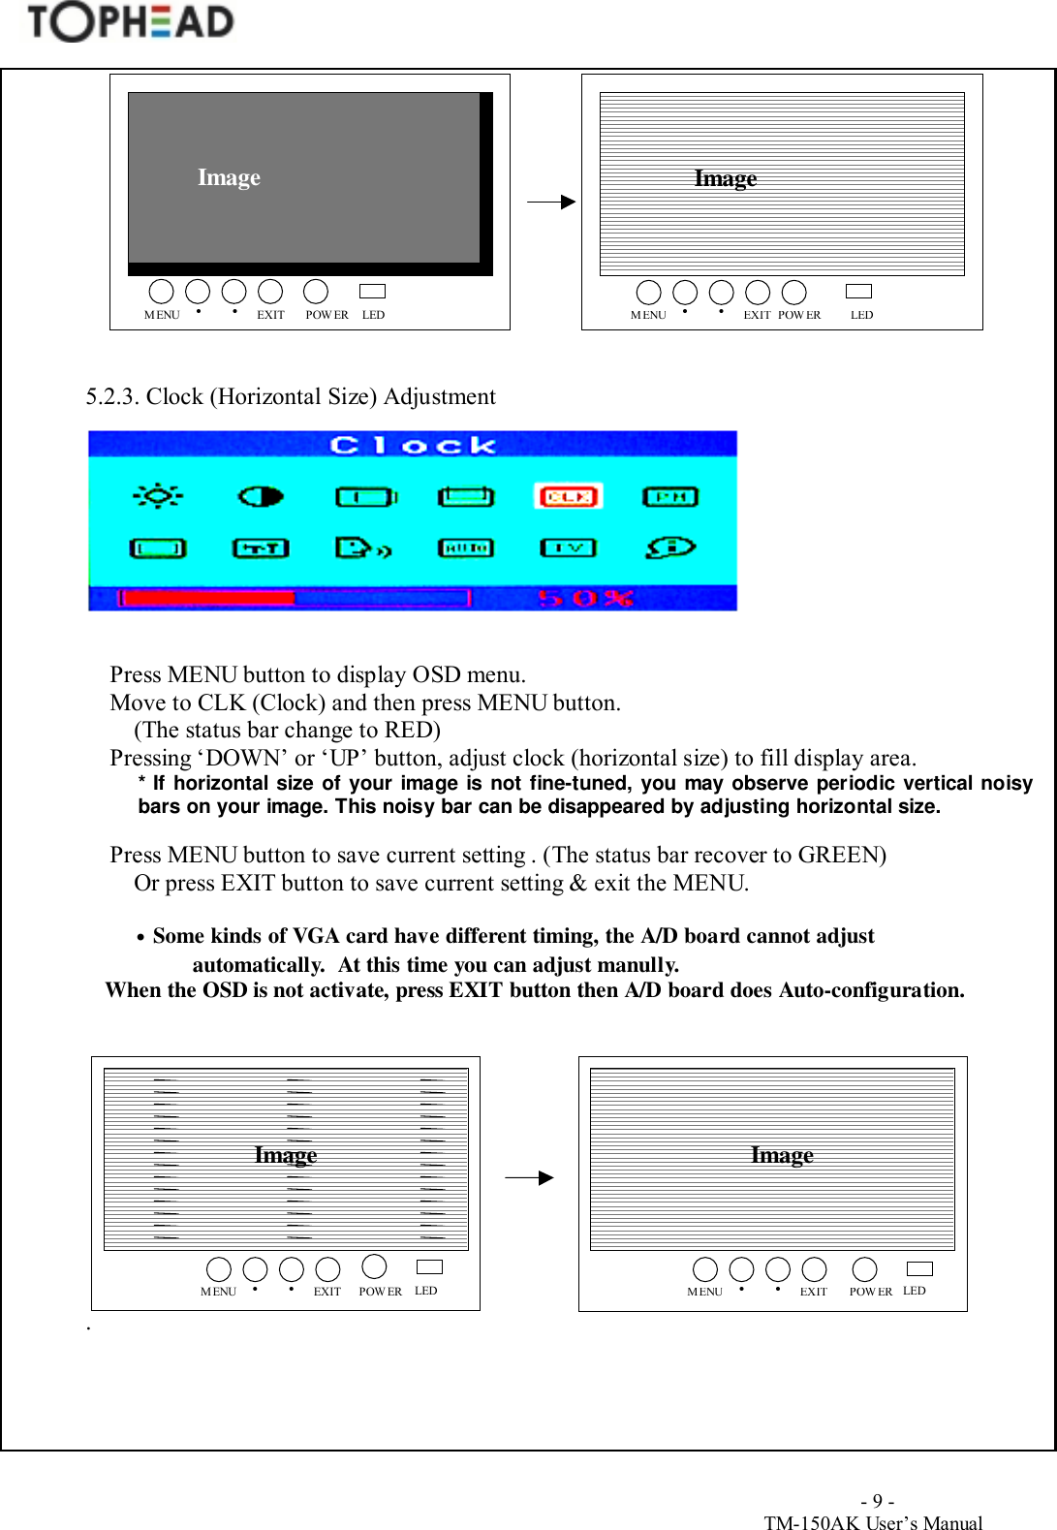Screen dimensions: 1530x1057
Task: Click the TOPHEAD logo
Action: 130,22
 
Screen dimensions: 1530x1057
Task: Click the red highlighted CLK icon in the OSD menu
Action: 568,496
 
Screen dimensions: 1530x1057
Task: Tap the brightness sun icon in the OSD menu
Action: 157,496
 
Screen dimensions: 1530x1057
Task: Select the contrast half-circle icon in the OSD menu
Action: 260,496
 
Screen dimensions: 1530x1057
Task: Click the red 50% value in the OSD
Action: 585,598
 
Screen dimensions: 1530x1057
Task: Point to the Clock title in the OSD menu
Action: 413,445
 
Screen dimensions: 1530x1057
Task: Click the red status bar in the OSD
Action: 206,598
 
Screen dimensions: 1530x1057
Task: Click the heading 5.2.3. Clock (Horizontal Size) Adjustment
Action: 291,396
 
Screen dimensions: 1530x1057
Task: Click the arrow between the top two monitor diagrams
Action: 550,202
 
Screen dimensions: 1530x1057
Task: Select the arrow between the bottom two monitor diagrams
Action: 529,1177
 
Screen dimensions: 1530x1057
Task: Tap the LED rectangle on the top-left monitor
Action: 372,291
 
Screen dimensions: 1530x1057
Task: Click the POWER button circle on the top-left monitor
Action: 316,291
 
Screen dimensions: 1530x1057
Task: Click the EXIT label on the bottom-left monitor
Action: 327,1292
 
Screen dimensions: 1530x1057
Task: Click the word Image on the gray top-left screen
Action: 229,177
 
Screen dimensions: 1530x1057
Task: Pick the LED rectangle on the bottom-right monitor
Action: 919,1268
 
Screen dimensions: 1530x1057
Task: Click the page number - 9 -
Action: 877,1501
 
